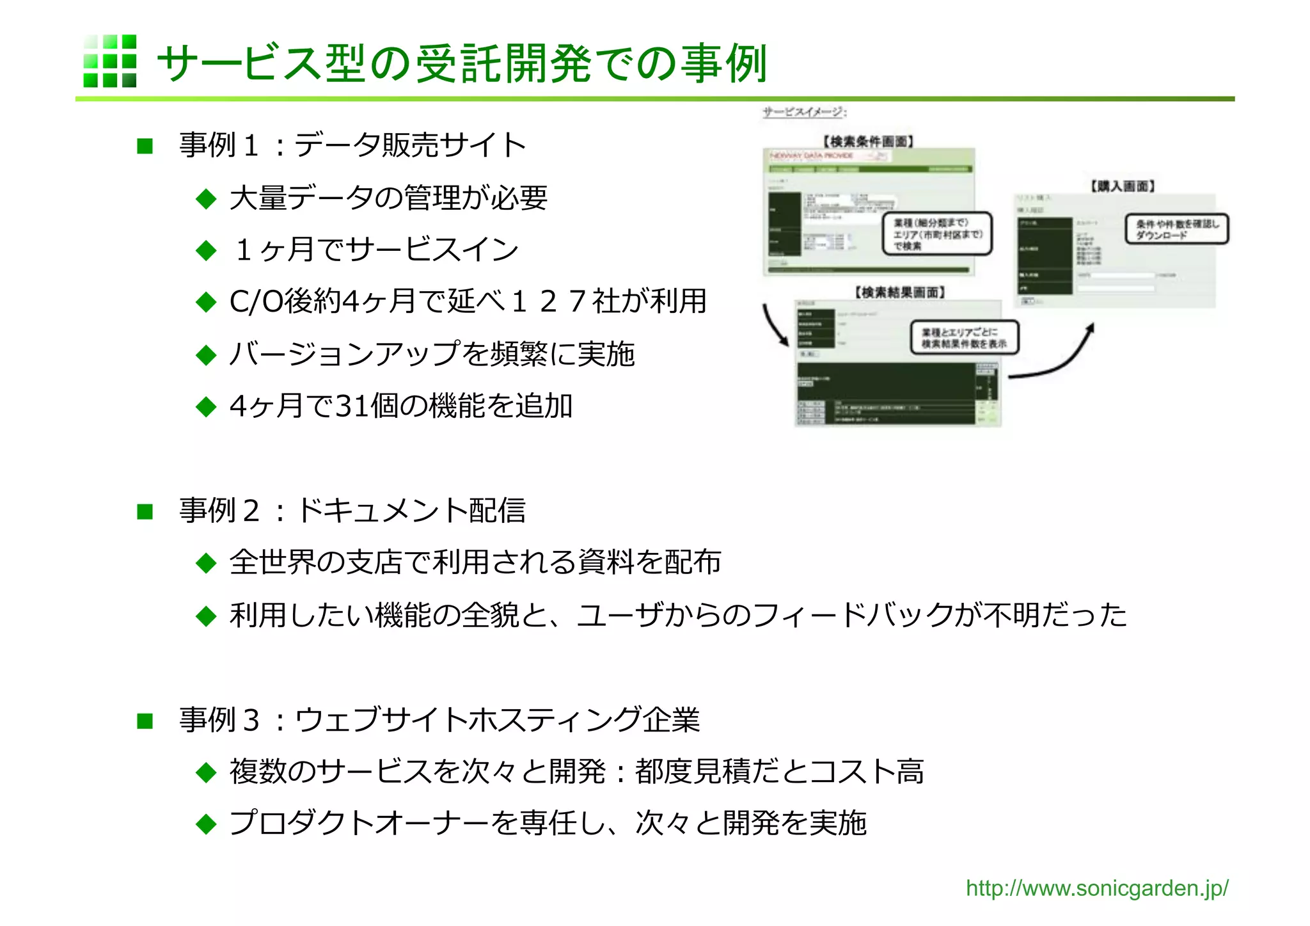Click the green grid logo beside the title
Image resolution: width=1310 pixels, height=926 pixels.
click(109, 61)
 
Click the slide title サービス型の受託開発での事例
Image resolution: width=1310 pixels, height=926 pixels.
click(461, 64)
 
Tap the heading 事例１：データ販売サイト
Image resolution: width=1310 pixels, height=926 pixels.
click(352, 145)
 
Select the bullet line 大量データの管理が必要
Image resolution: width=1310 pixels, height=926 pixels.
click(388, 198)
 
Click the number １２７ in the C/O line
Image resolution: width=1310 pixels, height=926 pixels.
click(547, 301)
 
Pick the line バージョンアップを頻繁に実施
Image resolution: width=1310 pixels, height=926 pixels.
click(432, 354)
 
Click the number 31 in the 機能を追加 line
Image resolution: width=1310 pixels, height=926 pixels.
click(352, 406)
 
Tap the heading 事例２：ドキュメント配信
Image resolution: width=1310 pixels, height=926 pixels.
click(352, 511)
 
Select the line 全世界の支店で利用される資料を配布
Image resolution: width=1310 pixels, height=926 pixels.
click(475, 563)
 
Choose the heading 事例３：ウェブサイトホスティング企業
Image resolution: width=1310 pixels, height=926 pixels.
click(439, 720)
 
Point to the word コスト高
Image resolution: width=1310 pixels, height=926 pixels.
click(867, 772)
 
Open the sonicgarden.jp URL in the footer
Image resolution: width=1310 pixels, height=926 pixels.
click(1096, 888)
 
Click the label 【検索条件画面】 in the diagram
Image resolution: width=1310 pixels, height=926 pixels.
click(868, 141)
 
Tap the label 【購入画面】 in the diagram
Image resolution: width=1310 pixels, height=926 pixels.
click(1123, 186)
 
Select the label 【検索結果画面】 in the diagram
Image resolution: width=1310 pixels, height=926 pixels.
click(900, 292)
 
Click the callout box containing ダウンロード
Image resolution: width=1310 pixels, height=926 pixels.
click(1176, 229)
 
